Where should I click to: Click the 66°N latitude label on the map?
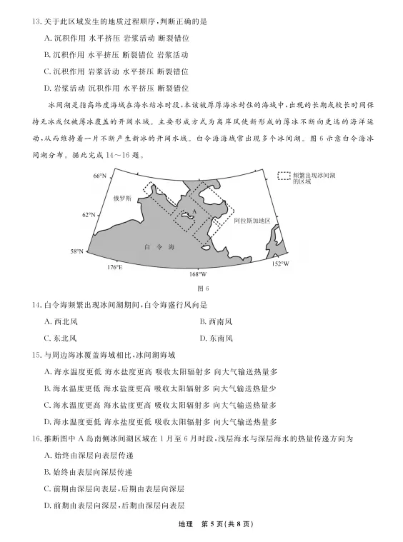coord(98,176)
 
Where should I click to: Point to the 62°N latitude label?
coord(88,214)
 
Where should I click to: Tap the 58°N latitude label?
coord(76,251)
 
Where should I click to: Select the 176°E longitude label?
coord(115,266)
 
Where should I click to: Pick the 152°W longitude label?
coord(281,264)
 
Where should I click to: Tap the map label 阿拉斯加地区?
coord(252,221)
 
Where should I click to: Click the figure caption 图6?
coord(201,288)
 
